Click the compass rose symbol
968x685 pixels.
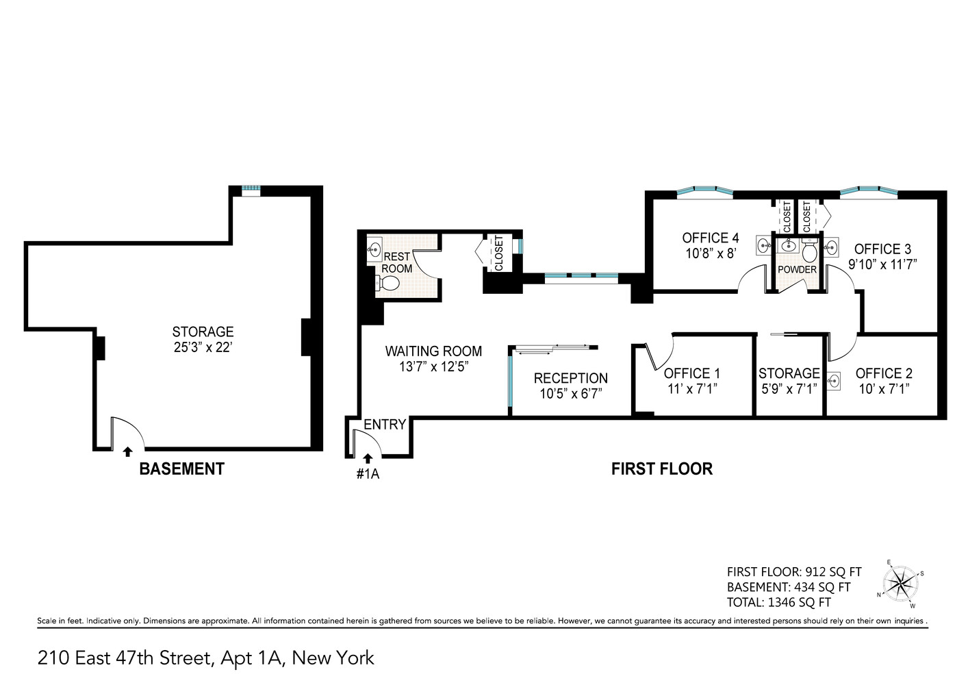click(x=901, y=584)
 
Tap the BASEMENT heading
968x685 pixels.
click(x=181, y=469)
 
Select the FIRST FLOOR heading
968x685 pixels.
click(x=661, y=469)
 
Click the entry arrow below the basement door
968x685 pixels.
click(x=127, y=451)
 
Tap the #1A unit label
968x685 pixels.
click(x=368, y=473)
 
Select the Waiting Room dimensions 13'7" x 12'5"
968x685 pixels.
click(x=433, y=367)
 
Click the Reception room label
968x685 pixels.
click(x=570, y=378)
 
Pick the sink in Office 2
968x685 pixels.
click(x=834, y=380)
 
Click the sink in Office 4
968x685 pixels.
click(x=764, y=245)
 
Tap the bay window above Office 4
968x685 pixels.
click(x=704, y=192)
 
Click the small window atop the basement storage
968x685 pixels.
click(x=251, y=190)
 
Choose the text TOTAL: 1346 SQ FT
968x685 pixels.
click(x=778, y=603)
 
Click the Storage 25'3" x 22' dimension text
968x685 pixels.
click(x=203, y=347)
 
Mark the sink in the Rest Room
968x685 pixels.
click(x=374, y=250)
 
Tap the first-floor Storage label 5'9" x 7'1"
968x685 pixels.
click(x=789, y=389)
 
